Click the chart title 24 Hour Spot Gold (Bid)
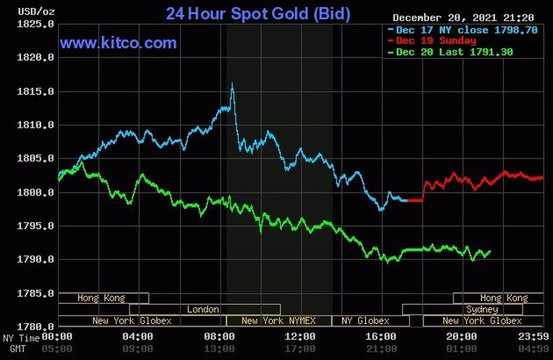[x=257, y=13]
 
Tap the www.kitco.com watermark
[x=118, y=43]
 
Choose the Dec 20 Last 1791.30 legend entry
[x=454, y=52]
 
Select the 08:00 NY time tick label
[x=219, y=336]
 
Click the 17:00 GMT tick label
[x=300, y=348]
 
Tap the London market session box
[x=203, y=310]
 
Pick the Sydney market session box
[x=482, y=310]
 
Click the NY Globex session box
[x=364, y=321]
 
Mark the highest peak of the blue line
[x=232, y=84]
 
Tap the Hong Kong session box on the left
[x=101, y=298]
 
